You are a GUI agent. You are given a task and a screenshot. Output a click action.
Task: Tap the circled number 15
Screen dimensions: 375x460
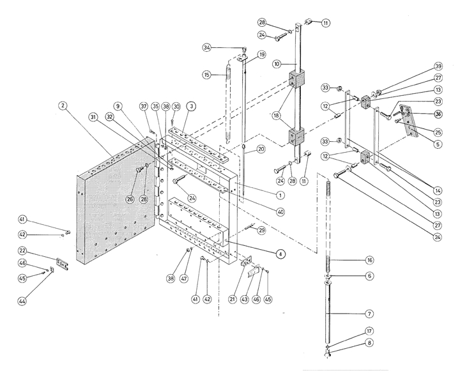pyautogui.click(x=206, y=75)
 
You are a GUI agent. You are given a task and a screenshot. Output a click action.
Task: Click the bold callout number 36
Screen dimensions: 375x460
pyautogui.click(x=438, y=114)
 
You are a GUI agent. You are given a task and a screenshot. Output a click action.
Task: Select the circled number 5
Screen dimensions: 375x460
pyautogui.click(x=438, y=144)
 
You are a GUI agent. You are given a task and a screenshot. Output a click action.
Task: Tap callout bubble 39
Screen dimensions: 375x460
pyautogui.click(x=438, y=66)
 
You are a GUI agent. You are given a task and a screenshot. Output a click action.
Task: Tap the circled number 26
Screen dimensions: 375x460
pyautogui.click(x=130, y=199)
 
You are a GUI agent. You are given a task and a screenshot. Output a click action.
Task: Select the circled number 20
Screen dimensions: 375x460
pyautogui.click(x=261, y=149)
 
